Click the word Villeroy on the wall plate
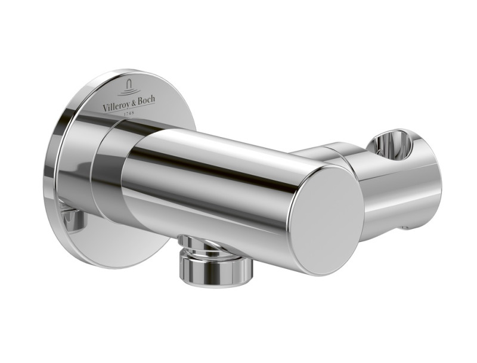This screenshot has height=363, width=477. click(116, 106)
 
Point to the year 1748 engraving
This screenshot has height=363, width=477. click(129, 112)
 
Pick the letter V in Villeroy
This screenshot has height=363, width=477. click(105, 107)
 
